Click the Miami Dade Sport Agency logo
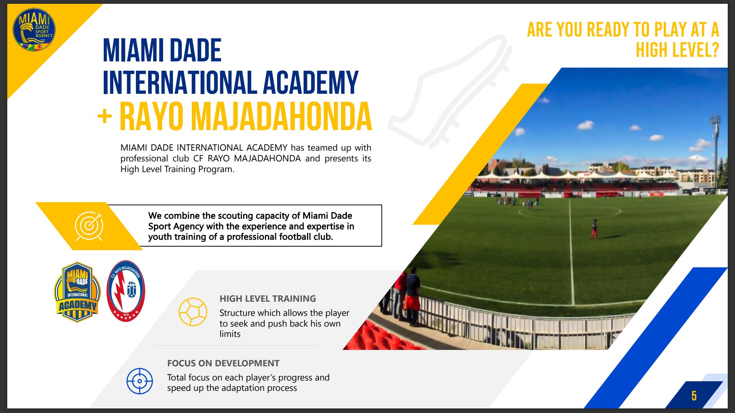point(34,30)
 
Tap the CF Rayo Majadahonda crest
point(126,291)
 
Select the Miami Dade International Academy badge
point(77,292)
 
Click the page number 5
point(694,396)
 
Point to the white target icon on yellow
point(89,226)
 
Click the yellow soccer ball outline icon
point(193,312)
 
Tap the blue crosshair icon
point(140,381)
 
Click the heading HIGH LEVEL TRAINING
point(268,299)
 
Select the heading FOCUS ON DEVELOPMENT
point(223,363)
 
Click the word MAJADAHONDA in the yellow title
point(281,116)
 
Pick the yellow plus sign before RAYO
point(105,116)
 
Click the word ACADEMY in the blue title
point(310,82)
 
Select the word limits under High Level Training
point(230,334)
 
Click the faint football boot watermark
point(450,92)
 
